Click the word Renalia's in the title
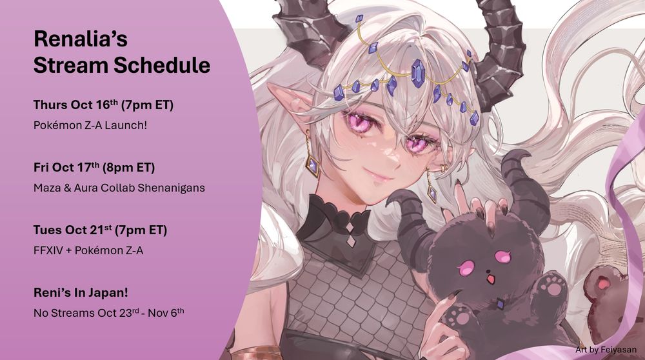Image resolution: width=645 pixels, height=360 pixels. [x=81, y=39]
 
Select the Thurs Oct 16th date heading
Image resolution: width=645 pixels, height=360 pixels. [x=103, y=105]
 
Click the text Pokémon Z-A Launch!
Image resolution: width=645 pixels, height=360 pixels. [x=90, y=125]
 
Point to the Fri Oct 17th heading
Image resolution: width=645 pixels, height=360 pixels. [x=94, y=167]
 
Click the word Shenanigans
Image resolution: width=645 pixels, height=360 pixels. [x=171, y=188]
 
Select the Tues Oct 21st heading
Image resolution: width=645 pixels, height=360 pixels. [x=101, y=230]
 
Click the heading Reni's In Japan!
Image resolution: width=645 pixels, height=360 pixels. [x=81, y=292]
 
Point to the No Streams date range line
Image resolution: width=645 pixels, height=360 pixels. [x=108, y=313]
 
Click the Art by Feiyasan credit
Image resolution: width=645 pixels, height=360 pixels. [x=606, y=350]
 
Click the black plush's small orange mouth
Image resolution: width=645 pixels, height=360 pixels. [x=490, y=280]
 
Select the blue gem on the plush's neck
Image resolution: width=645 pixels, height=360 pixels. [x=500, y=304]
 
